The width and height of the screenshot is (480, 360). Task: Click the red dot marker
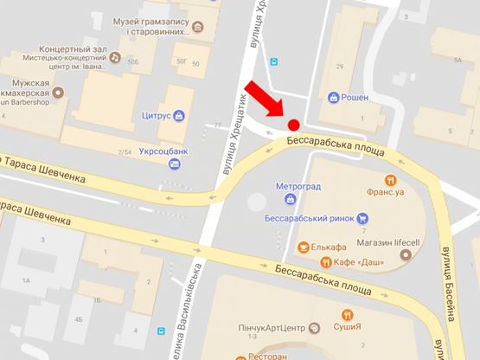coord(294,124)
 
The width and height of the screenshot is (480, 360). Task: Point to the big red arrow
coord(266,100)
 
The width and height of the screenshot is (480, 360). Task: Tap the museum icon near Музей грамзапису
coord(198,26)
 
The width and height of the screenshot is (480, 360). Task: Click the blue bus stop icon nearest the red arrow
coord(274,61)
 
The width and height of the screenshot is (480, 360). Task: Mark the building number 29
coord(340,67)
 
